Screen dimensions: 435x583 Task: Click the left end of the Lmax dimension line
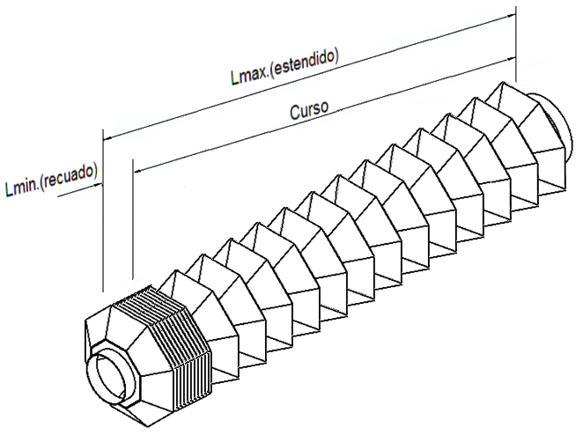[x=105, y=136]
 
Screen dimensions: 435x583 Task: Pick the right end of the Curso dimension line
[x=513, y=57]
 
